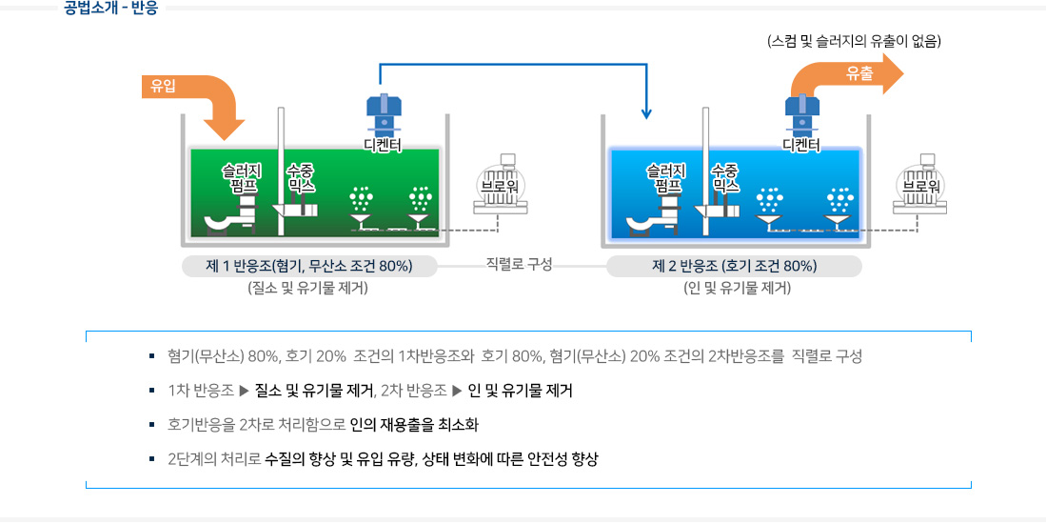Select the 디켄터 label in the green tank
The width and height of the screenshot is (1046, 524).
383,144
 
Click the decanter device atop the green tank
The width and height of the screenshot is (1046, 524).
383,114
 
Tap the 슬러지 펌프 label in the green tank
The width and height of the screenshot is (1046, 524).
241,177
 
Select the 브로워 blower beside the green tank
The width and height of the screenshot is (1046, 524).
500,185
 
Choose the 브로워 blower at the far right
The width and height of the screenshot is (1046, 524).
919,185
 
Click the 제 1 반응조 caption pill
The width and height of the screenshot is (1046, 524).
309,266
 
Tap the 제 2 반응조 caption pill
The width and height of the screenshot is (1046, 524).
734,266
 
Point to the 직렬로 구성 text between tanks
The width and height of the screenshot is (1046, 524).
519,264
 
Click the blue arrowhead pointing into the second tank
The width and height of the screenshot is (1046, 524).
647,113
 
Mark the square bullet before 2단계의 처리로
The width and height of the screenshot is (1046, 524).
151,459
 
